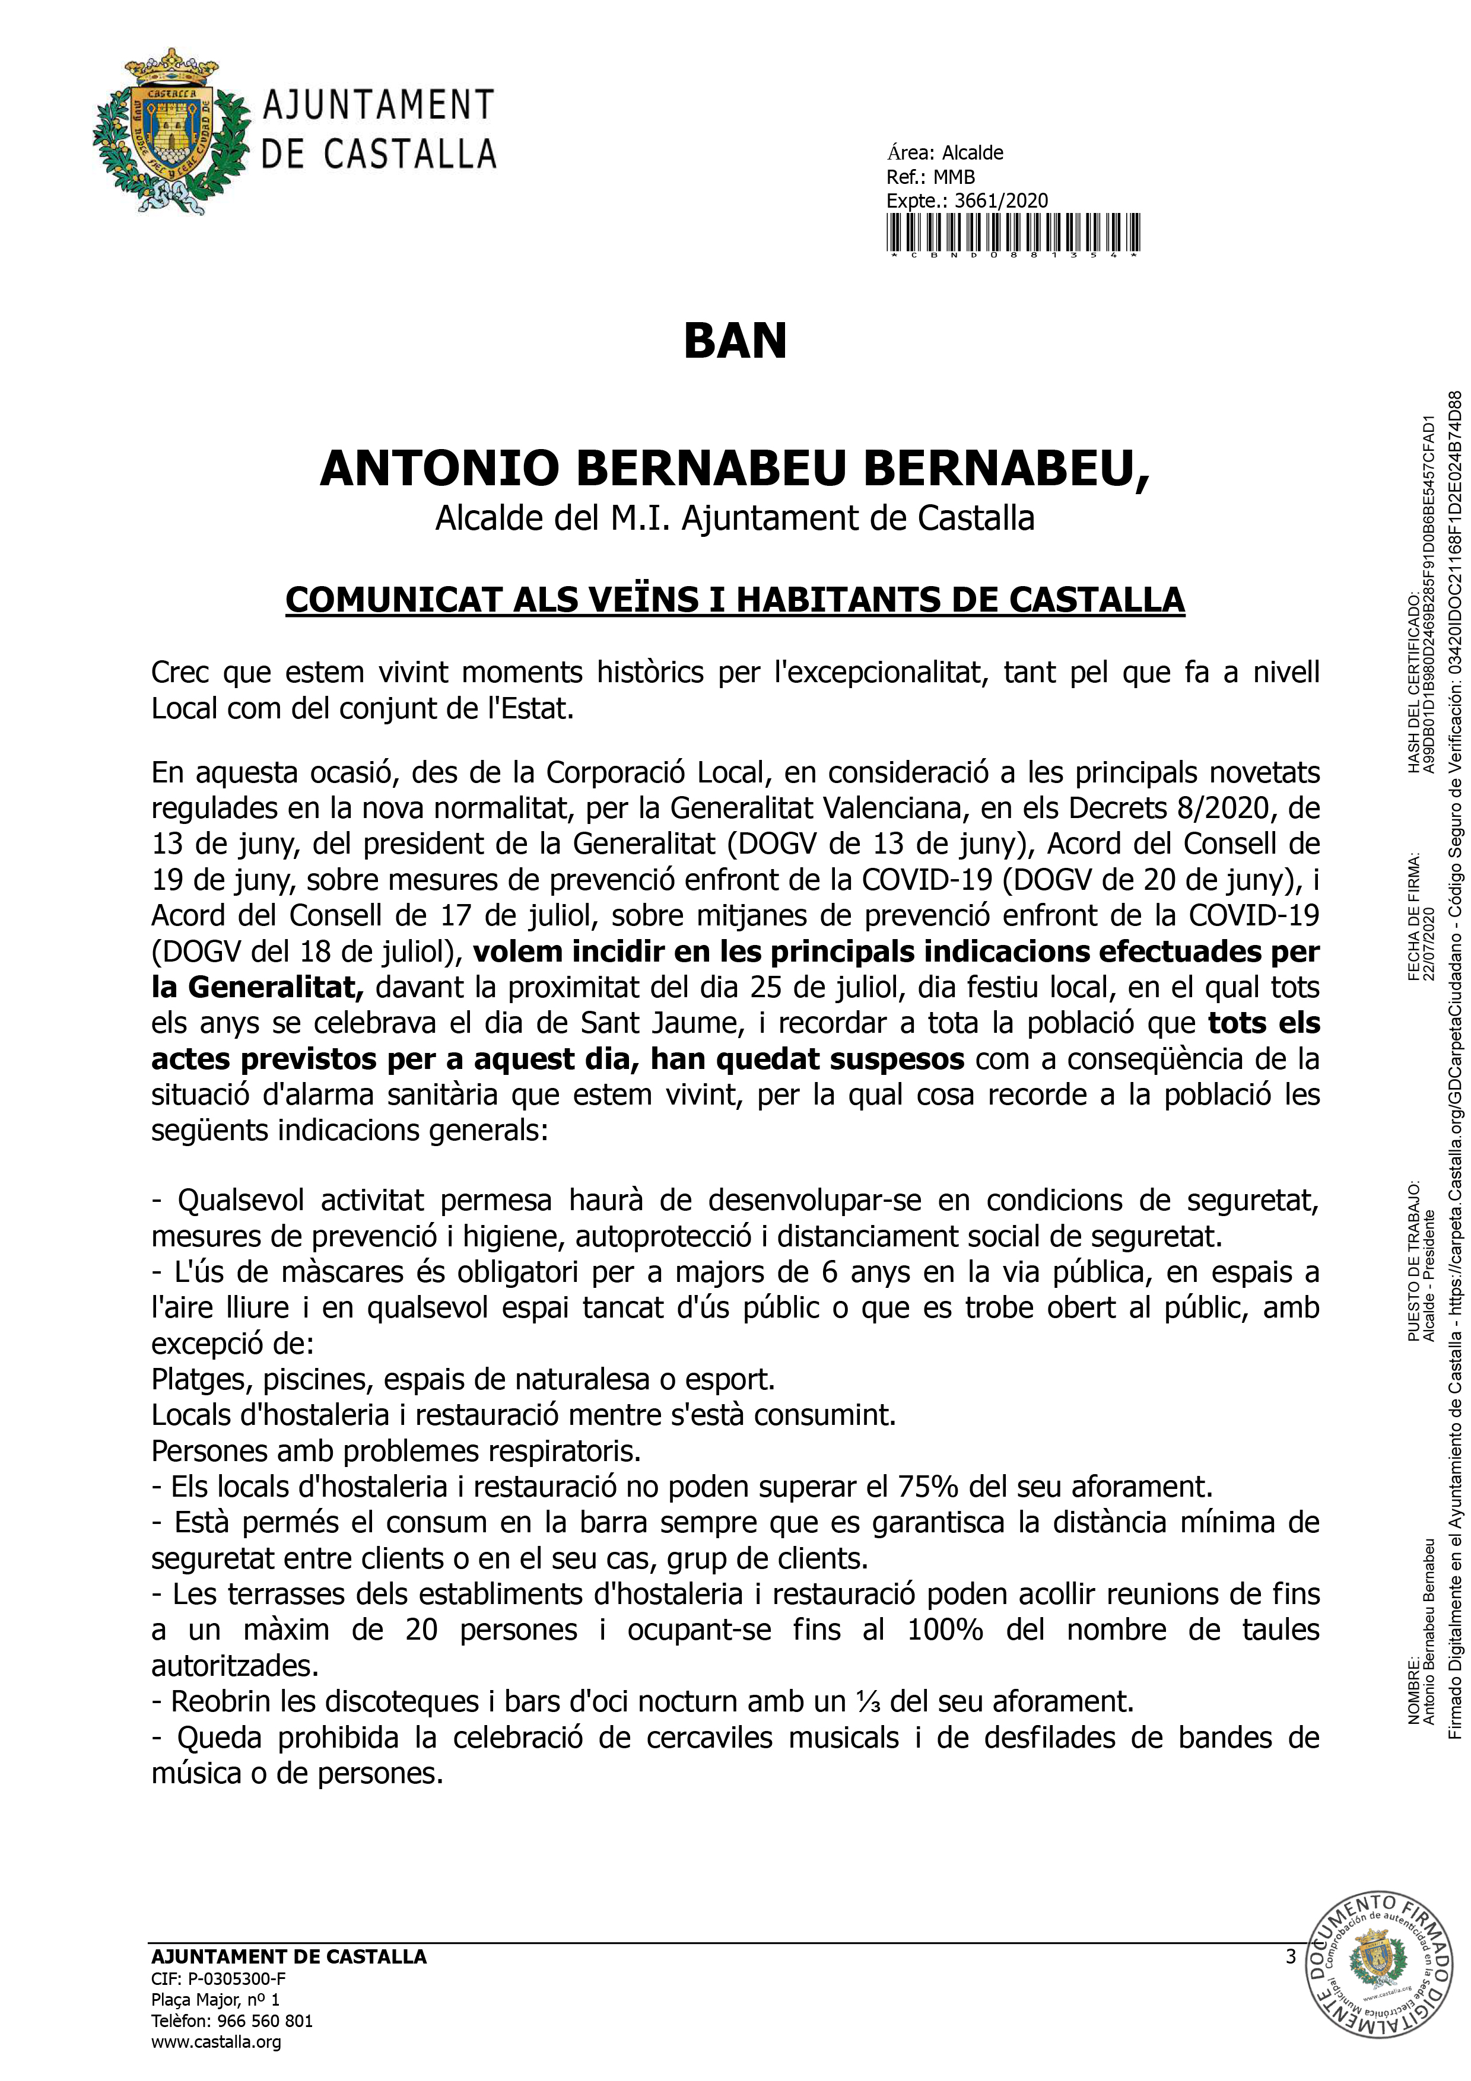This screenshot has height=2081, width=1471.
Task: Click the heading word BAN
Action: (735, 342)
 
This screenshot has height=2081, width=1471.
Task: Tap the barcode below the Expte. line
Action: (1012, 234)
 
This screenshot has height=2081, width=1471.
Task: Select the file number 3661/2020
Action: (1002, 201)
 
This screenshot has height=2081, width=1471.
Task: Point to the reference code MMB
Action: (954, 177)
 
